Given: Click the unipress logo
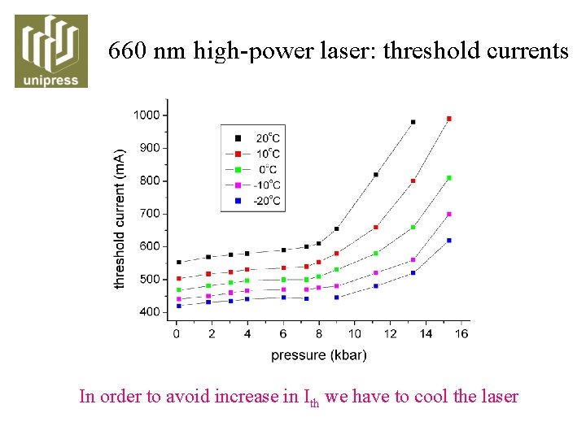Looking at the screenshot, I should tap(51, 50).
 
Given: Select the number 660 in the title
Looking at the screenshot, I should tap(128, 51).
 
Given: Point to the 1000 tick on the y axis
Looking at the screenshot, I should tap(146, 115).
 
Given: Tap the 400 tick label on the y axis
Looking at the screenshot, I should tap(149, 312).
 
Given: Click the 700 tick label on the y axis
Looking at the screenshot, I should tap(149, 214).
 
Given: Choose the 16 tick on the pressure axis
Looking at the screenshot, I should tap(461, 333).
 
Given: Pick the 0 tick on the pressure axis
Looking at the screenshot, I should tap(177, 333).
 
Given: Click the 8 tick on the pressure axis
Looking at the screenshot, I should tap(319, 333).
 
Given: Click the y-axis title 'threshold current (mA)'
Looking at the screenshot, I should tap(120, 219).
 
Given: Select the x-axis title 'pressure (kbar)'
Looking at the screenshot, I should tap(319, 354).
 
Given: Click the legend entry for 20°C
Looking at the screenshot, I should tap(253, 138).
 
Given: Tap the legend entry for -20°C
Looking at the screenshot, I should tap(253, 200).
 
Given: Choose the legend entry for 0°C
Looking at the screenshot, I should tap(253, 169).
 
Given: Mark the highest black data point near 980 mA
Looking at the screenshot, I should tap(413, 122).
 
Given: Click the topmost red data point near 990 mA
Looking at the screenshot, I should tap(449, 119).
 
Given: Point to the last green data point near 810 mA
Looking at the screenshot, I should tap(449, 178).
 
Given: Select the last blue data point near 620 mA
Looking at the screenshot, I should tap(449, 240).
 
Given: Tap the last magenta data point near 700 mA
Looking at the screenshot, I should tap(449, 215).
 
